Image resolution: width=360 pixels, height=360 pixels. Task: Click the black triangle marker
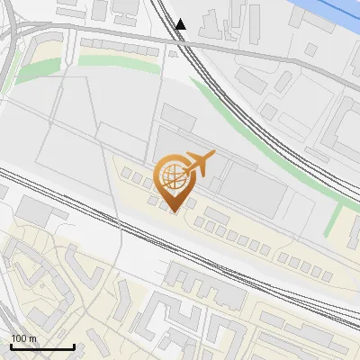(181, 24)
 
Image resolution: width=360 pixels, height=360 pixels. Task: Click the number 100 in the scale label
(19, 338)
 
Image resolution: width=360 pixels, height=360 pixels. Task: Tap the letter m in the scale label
(32, 338)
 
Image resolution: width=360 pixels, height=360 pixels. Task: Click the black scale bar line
(42, 346)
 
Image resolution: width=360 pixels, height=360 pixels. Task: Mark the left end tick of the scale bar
(11, 345)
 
